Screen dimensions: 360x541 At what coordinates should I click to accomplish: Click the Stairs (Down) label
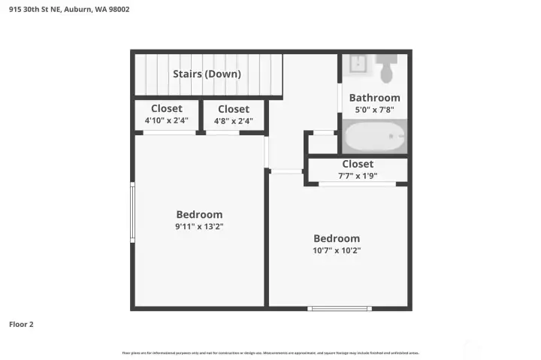tap(207, 74)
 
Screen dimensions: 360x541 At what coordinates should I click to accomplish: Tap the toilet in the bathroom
tap(387, 69)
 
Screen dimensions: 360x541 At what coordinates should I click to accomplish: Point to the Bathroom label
tap(374, 98)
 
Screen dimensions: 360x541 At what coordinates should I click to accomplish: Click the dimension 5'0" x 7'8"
tap(374, 110)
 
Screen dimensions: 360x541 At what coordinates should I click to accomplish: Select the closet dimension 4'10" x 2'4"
tap(166, 120)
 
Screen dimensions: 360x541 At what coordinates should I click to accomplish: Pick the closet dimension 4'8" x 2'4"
tap(233, 120)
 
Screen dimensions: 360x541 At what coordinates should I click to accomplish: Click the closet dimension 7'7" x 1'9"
tap(357, 176)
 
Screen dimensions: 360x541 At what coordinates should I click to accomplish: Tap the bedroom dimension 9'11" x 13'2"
tap(199, 226)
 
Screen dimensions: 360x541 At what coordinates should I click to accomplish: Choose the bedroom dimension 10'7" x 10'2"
tap(337, 251)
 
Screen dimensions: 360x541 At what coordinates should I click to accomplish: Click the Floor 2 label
tap(21, 325)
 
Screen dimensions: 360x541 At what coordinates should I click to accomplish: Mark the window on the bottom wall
tap(340, 308)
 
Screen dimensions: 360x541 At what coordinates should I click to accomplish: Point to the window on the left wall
tap(132, 213)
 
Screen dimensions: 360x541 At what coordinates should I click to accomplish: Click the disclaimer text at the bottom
tap(270, 352)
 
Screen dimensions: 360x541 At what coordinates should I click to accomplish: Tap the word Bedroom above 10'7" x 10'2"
tap(337, 238)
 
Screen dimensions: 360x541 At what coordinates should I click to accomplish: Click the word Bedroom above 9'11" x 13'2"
tap(199, 214)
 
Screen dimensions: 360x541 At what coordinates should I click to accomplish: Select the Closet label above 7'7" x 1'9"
tap(357, 164)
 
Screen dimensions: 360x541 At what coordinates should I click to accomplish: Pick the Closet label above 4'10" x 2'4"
tap(166, 109)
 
